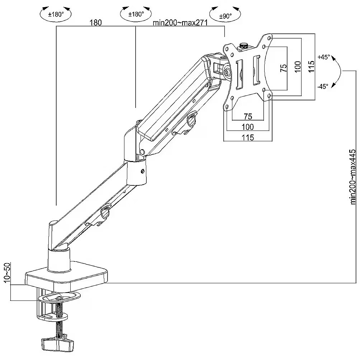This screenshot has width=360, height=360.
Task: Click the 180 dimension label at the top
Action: click(96, 23)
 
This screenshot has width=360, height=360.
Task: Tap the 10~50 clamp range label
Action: click(6, 273)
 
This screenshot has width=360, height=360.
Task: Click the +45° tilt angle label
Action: click(323, 57)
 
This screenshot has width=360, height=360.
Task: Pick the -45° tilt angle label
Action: click(323, 86)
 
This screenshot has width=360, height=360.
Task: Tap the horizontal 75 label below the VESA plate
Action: click(248, 117)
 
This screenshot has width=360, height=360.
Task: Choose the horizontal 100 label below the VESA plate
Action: click(248, 127)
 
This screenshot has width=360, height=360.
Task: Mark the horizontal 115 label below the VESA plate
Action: click(248, 137)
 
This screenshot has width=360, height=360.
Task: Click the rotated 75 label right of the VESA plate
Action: click(284, 68)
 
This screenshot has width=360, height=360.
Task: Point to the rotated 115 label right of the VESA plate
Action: click(311, 67)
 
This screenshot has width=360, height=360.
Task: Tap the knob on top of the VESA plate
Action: click(244, 46)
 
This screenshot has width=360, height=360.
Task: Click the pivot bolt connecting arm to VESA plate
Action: click(227, 71)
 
